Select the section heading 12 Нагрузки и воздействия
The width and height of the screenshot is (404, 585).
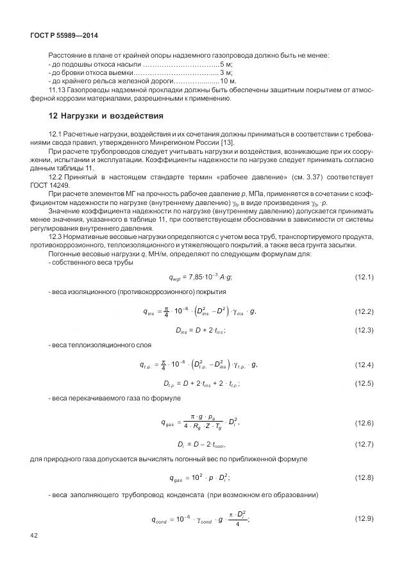[x=97, y=116]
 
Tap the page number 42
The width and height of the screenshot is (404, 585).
[x=33, y=534]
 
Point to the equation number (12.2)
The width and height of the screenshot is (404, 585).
[x=364, y=312]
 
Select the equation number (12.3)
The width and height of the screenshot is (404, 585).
[x=364, y=329]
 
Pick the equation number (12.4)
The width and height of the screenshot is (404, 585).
[x=364, y=365]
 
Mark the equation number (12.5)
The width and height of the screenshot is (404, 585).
[x=364, y=383]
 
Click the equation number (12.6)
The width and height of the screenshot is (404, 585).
[x=364, y=423]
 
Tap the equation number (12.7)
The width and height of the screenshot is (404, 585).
[x=364, y=444]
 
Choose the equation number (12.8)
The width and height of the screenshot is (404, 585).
[x=364, y=478]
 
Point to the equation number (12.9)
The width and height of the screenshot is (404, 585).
[x=364, y=518]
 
